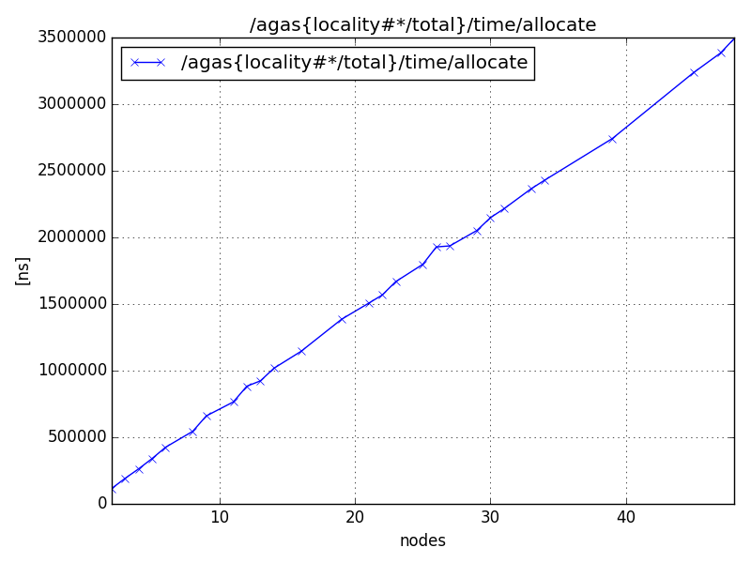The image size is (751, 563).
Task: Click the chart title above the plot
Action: (x=422, y=25)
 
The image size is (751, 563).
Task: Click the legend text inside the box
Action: (x=355, y=63)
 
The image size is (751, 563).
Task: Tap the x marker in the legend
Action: (x=146, y=63)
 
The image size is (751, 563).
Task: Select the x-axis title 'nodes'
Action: (x=422, y=540)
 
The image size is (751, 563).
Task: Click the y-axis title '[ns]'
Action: (x=23, y=270)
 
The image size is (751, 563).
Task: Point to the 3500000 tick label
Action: (x=69, y=38)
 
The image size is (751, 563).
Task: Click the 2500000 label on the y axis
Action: (x=69, y=171)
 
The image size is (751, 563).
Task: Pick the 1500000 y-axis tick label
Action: (x=69, y=304)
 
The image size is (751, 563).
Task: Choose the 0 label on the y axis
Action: (x=101, y=504)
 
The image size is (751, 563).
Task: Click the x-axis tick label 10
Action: (x=220, y=517)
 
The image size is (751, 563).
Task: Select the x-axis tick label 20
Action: (x=355, y=517)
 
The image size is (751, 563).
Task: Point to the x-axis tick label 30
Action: (x=490, y=517)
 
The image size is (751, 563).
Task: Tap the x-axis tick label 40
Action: (x=625, y=517)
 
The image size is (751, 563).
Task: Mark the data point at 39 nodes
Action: (x=612, y=139)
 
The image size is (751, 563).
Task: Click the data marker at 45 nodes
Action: (x=694, y=72)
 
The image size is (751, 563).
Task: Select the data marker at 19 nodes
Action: (x=342, y=319)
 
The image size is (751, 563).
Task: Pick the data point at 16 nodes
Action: (x=301, y=351)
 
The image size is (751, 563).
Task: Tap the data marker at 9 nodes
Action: (x=207, y=416)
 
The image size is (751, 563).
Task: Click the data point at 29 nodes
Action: (x=477, y=230)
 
